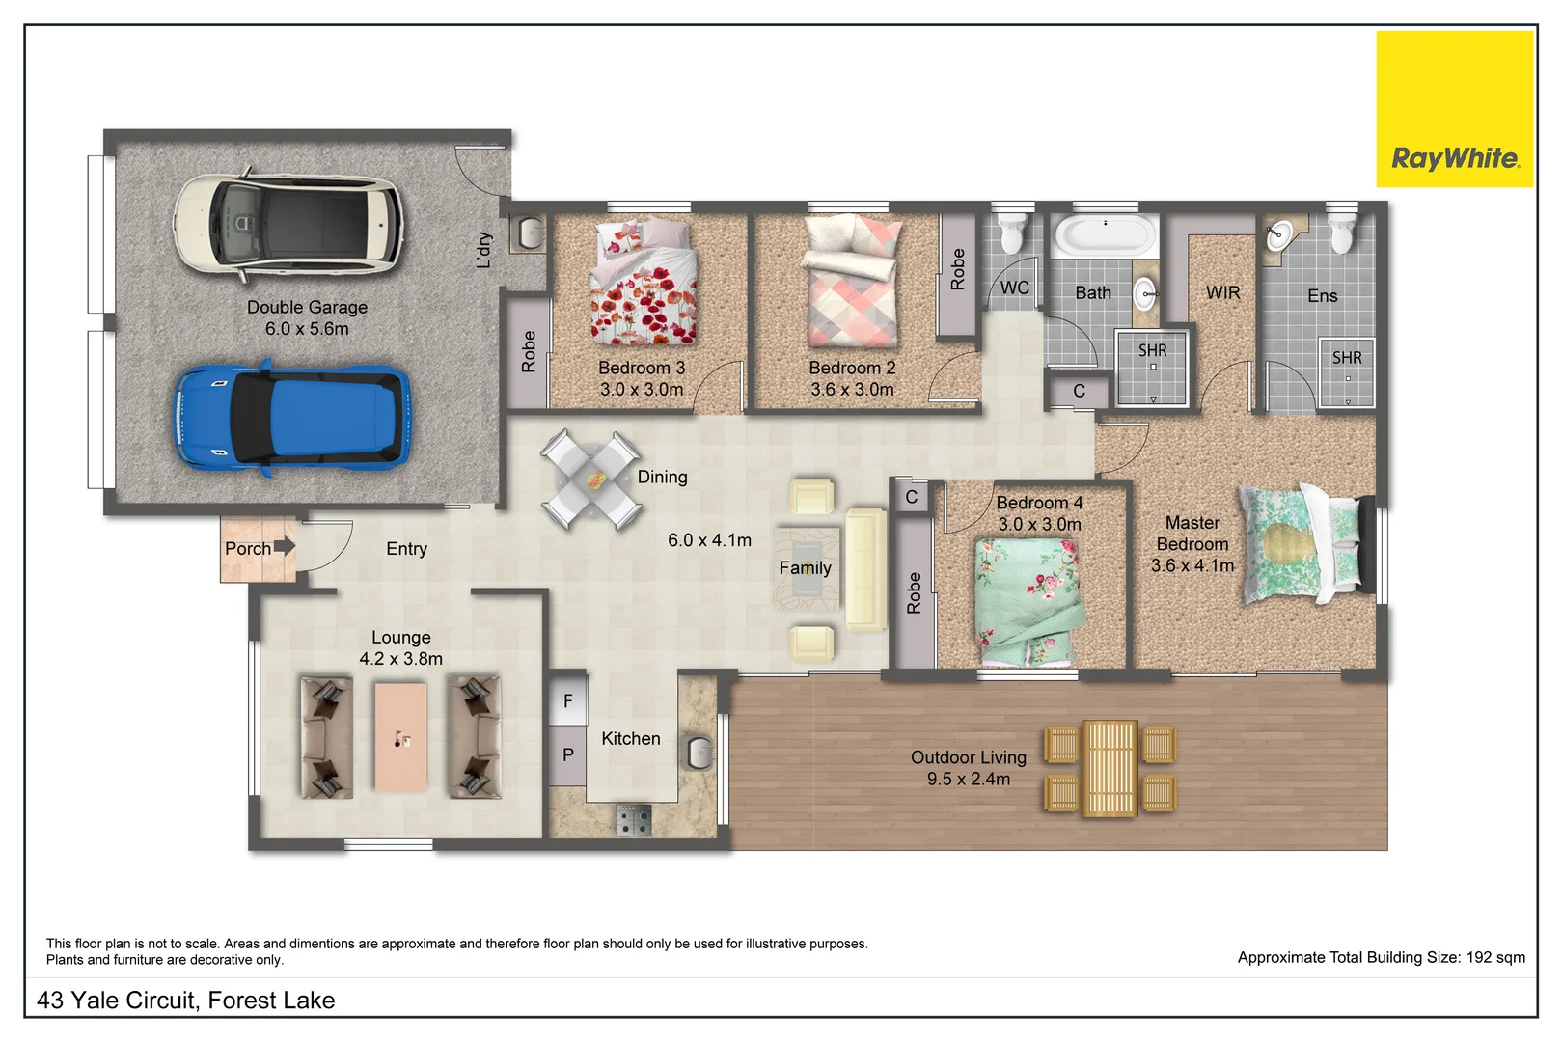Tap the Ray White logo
(1454, 109)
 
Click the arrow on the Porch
(285, 546)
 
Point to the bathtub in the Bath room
(1105, 234)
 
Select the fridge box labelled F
(567, 700)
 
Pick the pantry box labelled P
(567, 754)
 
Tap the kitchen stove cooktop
(634, 820)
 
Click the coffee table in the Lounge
(401, 737)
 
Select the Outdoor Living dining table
(1110, 768)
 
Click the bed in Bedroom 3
(644, 282)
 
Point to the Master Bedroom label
(1192, 544)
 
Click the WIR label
(1222, 292)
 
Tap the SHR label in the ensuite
(1347, 358)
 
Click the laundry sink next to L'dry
(529, 232)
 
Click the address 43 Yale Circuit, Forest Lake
(185, 1001)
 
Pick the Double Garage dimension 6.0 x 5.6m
(307, 329)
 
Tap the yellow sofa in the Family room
(864, 569)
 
